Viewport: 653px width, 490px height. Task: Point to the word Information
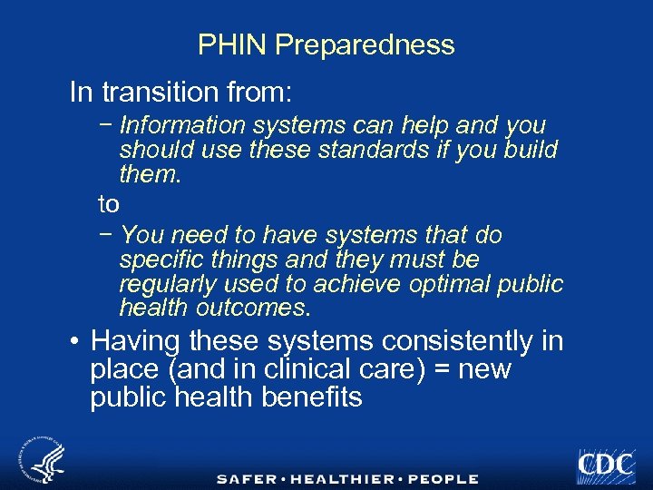pos(183,125)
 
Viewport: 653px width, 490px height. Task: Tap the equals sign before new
pos(424,370)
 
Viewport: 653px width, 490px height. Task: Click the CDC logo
pos(605,464)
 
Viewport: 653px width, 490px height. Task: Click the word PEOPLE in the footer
pos(443,478)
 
